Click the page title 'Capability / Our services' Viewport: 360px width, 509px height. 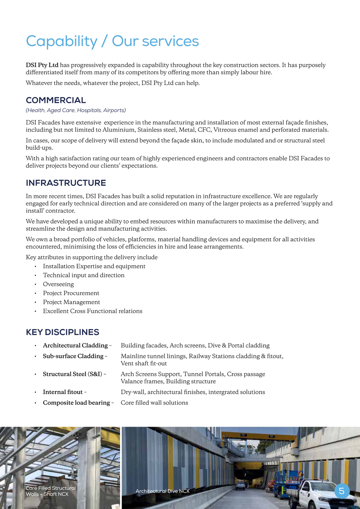click(112, 41)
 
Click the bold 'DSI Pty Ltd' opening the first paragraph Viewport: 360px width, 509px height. click(42, 65)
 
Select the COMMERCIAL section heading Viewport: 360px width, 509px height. click(56, 100)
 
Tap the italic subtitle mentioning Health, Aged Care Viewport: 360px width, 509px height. click(76, 110)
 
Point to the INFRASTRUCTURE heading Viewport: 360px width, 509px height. click(66, 183)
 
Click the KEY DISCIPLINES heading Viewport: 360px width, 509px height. click(62, 332)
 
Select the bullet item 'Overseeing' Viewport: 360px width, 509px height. click(58, 284)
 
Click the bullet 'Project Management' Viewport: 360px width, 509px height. click(72, 302)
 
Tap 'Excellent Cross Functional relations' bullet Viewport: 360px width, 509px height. click(92, 311)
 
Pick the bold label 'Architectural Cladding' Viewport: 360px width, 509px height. click(75, 345)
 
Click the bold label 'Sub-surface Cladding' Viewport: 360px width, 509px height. click(73, 356)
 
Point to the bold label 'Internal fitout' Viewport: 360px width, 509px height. click(63, 392)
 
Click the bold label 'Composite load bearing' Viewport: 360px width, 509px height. click(76, 402)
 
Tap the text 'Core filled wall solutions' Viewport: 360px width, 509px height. click(154, 402)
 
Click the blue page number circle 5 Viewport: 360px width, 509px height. click(342, 491)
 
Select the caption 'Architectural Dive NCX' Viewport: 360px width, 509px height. click(162, 491)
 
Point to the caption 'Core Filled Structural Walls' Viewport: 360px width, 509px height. click(50, 491)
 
